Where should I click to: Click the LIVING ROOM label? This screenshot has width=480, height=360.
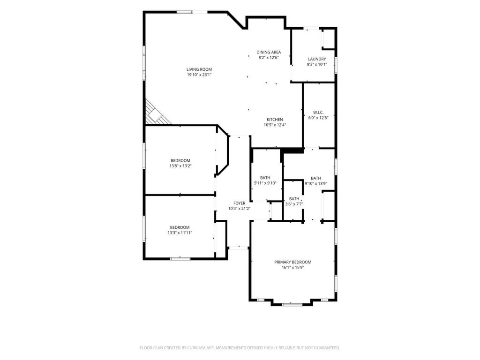199,69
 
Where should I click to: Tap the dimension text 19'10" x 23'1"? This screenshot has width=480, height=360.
199,75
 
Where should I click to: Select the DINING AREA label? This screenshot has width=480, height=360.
269,52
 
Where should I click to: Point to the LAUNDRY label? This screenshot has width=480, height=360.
317,59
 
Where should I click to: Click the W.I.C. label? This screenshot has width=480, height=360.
318,112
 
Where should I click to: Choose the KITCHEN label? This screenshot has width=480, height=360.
275,120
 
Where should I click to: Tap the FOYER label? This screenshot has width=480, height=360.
240,203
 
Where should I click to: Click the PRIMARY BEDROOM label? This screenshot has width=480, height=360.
292,262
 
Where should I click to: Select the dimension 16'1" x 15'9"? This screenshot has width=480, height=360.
292,268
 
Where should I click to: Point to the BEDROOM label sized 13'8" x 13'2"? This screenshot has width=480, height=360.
180,161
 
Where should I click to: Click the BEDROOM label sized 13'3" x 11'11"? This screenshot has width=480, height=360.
180,227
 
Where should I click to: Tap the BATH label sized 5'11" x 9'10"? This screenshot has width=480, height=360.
265,178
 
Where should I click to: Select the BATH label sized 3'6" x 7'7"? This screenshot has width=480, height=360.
294,199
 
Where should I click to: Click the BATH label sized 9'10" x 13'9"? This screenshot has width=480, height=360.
316,178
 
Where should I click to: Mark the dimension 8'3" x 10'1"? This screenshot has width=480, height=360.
317,65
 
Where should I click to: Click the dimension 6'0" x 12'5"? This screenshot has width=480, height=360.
318,118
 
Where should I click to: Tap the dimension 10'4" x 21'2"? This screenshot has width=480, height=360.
240,209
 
